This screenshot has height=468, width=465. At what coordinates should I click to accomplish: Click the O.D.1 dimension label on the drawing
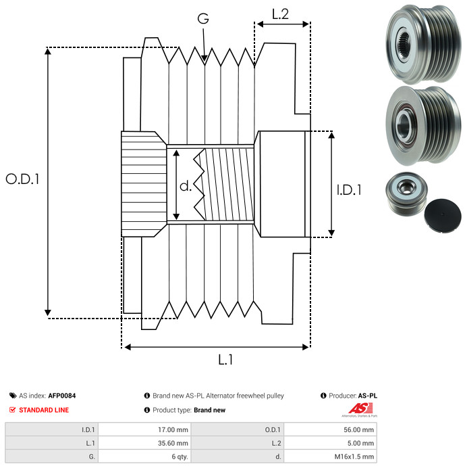point(22,180)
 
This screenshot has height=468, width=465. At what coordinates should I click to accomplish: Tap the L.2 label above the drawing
point(281,14)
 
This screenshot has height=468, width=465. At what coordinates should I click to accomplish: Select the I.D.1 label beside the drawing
point(349,191)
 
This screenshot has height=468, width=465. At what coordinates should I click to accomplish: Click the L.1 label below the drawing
point(225,360)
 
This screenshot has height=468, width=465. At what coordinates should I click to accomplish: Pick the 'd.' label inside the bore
point(186,185)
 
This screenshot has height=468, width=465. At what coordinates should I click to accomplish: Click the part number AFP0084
point(62,396)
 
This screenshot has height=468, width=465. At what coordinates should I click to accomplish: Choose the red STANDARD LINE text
point(43,410)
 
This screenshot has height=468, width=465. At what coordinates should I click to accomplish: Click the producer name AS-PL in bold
point(367,396)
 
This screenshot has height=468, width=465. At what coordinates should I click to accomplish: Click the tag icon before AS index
point(13,396)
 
